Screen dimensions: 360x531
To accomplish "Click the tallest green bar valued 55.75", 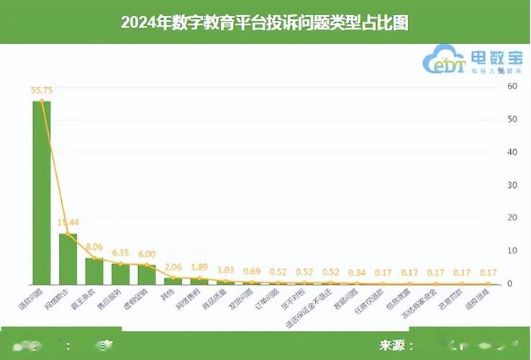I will pyautogui.click(x=42, y=192).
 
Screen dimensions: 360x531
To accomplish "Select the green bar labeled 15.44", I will pyautogui.click(x=68, y=258).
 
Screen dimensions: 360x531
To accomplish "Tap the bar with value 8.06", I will pyautogui.click(x=94, y=271).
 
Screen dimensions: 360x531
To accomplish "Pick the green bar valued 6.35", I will pyautogui.click(x=120, y=274).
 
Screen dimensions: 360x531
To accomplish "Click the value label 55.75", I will pyautogui.click(x=42, y=91).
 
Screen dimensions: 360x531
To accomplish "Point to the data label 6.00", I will pyautogui.click(x=147, y=254).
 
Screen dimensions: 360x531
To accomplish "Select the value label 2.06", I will pyautogui.click(x=173, y=267).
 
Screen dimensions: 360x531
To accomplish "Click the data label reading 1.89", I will pyautogui.click(x=199, y=268).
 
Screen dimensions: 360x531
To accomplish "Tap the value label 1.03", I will pyautogui.click(x=226, y=270).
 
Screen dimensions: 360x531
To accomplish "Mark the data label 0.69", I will pyautogui.click(x=252, y=271).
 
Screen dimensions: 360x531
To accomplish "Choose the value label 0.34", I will pyautogui.click(x=357, y=273).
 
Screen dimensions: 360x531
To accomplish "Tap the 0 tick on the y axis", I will pyautogui.click(x=511, y=284).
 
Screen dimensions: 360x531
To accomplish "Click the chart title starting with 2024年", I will pyautogui.click(x=265, y=22).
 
